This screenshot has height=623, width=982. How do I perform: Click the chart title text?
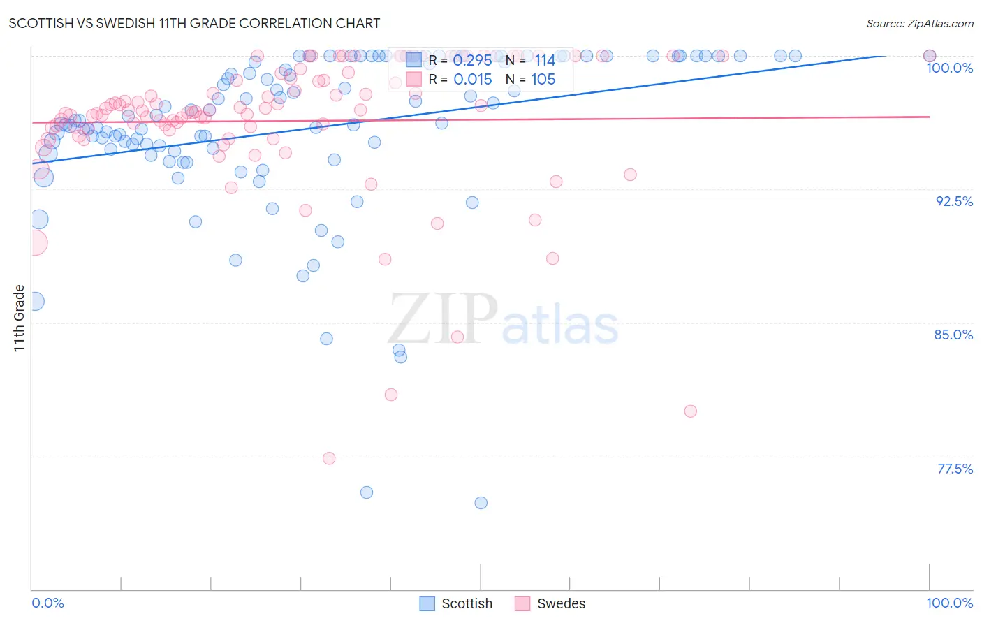click(194, 23)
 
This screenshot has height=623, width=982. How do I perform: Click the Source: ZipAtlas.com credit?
click(919, 23)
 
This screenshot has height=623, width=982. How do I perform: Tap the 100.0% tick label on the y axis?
click(949, 68)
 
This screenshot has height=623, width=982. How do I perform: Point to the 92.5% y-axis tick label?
click(954, 201)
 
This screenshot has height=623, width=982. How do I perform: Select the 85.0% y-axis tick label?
click(953, 335)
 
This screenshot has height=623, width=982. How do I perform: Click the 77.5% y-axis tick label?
click(955, 469)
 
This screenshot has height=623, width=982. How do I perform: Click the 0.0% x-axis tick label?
click(47, 603)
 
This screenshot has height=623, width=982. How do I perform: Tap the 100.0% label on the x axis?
click(949, 603)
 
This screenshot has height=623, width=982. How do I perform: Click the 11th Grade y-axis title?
click(20, 318)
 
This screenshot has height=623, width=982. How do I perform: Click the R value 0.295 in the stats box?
click(472, 61)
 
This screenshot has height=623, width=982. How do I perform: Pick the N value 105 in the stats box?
click(543, 80)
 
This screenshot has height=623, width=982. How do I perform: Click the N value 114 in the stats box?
click(545, 61)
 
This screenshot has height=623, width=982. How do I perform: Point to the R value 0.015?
click(472, 80)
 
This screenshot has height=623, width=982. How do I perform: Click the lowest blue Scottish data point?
click(481, 503)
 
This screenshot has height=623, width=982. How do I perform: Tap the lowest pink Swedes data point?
click(329, 458)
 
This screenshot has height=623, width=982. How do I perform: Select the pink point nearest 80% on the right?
click(690, 411)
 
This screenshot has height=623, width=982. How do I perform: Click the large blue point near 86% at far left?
click(35, 302)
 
